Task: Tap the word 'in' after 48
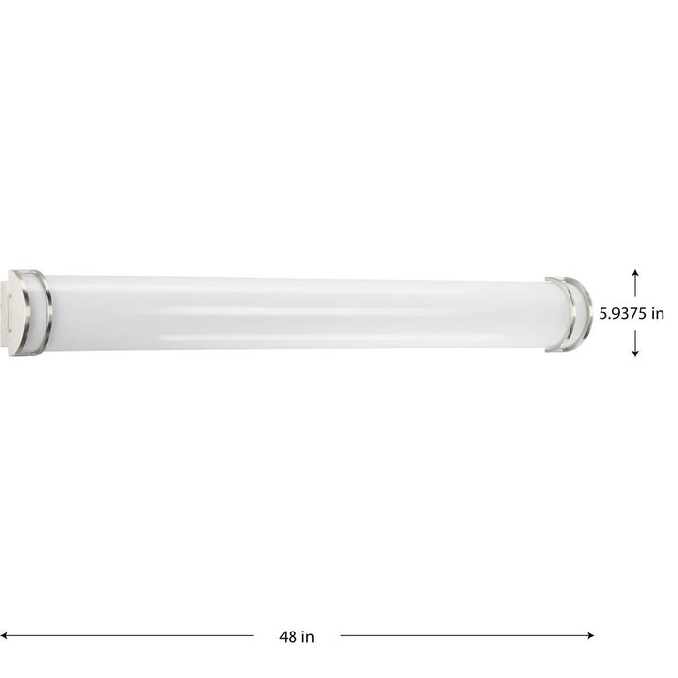coord(307,636)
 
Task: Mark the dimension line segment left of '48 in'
coord(136,635)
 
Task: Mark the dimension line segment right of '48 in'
coord(465,635)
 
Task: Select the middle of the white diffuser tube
coord(295,312)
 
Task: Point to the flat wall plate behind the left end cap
coord(11,312)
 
